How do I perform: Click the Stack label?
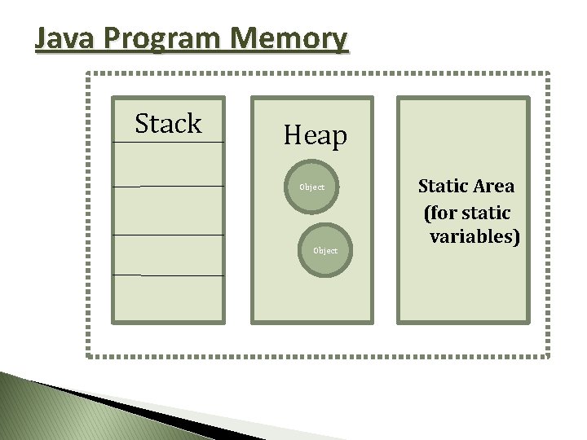[x=168, y=124]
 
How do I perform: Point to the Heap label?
[x=315, y=135]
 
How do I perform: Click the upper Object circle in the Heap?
[x=311, y=187]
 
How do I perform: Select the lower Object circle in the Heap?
[x=325, y=250]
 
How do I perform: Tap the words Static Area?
[x=466, y=186]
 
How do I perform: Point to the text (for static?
[x=467, y=212]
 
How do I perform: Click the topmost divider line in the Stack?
[x=168, y=143]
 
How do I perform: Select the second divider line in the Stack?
[x=168, y=187]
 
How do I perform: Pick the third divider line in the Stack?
[x=168, y=235]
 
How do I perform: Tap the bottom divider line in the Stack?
[x=168, y=275]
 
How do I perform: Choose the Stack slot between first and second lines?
[x=168, y=165]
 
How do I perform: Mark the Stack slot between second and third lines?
[x=168, y=211]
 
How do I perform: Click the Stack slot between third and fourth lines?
[x=168, y=255]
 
